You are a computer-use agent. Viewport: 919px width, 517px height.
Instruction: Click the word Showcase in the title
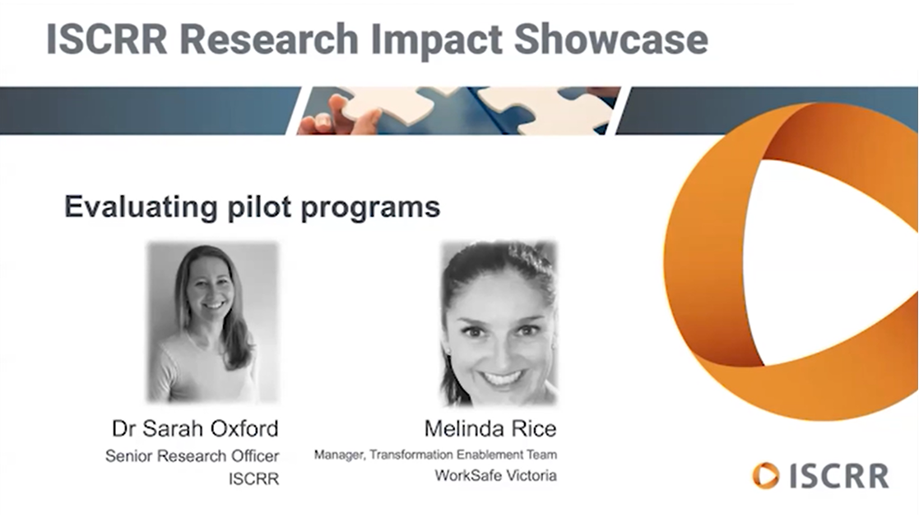(x=610, y=39)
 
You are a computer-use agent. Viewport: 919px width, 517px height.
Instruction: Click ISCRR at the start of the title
(x=106, y=39)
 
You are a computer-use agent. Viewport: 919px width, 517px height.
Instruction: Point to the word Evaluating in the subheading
(x=141, y=207)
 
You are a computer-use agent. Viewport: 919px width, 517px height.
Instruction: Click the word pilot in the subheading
(x=259, y=207)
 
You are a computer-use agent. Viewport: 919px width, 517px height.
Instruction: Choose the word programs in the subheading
(x=370, y=209)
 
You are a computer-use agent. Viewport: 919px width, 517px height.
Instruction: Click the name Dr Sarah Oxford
(x=195, y=428)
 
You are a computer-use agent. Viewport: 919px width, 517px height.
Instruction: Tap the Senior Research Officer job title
(x=193, y=455)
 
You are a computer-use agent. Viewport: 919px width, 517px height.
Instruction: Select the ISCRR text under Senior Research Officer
(x=253, y=479)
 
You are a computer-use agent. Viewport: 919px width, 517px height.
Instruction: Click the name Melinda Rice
(x=490, y=428)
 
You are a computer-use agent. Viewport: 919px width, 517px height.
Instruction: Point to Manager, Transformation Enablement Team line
(x=435, y=455)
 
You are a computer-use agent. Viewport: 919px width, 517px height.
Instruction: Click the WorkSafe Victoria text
(x=496, y=475)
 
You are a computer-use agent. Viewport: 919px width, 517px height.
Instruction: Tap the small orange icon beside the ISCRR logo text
(x=766, y=475)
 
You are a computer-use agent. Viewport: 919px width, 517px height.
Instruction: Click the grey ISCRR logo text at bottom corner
(x=838, y=476)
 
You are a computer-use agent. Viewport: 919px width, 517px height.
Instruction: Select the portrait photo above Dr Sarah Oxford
(x=213, y=323)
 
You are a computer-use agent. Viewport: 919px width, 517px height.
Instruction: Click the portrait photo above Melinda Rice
(x=499, y=323)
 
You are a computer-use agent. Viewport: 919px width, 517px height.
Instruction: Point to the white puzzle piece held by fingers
(x=391, y=104)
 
